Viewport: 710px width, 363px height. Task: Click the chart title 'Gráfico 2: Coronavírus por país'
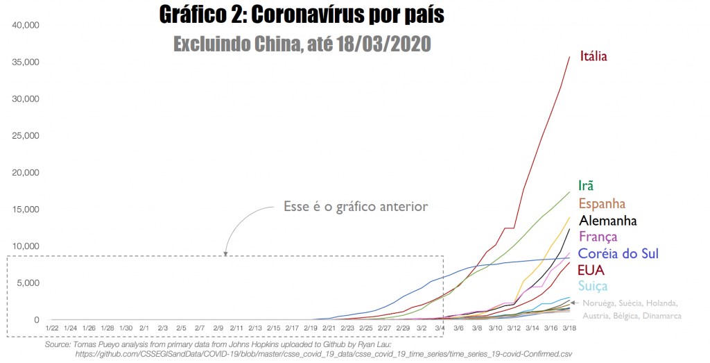(301, 15)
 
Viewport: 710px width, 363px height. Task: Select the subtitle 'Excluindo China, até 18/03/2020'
(302, 44)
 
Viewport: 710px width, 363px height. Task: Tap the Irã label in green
(586, 185)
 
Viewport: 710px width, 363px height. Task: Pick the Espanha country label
(602, 203)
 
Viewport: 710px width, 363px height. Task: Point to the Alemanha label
(608, 221)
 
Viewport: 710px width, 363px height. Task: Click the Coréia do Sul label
(618, 254)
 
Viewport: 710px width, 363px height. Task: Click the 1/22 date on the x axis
(52, 328)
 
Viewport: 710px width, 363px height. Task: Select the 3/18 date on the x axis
(569, 328)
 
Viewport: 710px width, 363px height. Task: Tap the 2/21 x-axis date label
(329, 328)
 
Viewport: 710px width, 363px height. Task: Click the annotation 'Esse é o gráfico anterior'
(356, 206)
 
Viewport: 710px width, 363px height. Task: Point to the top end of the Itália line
(569, 57)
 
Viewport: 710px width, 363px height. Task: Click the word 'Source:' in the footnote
(58, 344)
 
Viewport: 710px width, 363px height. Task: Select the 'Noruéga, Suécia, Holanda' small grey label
(630, 303)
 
